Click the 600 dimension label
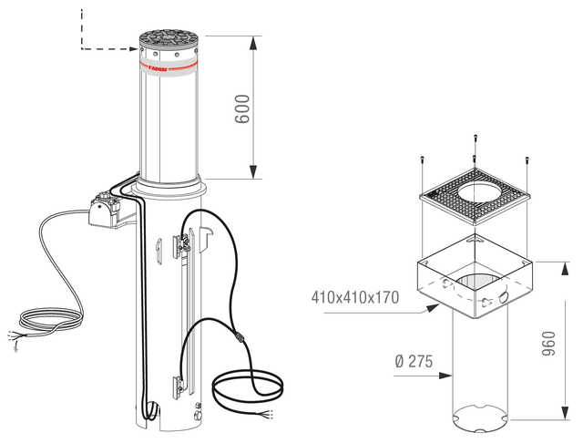click(242, 109)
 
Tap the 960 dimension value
click(548, 344)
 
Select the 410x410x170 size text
click(355, 297)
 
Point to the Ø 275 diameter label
click(414, 361)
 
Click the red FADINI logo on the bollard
click(158, 68)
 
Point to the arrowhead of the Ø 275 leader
click(445, 376)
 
